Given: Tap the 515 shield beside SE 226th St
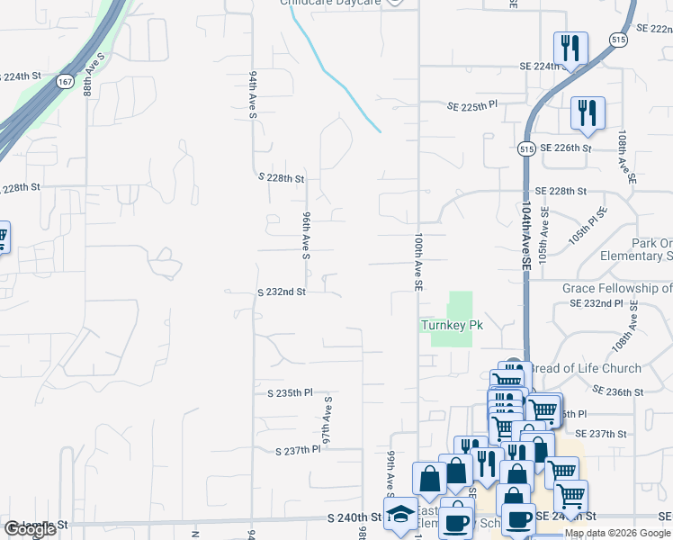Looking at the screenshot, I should [x=528, y=148].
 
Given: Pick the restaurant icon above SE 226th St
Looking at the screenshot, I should [x=587, y=112].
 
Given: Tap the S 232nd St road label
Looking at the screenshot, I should [x=282, y=292].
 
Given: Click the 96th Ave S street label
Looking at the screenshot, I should [x=306, y=232].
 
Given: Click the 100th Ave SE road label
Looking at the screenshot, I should [x=418, y=262].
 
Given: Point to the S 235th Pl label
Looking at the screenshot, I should [x=290, y=393].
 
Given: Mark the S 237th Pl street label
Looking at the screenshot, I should [x=297, y=450].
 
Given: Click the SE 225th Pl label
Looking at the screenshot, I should [x=472, y=106].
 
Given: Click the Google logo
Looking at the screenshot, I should [x=30, y=529].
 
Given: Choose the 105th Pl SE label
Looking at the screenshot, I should [x=587, y=227].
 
